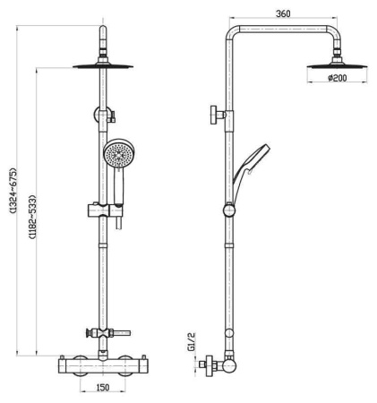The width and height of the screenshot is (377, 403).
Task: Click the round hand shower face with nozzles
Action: (x=116, y=154)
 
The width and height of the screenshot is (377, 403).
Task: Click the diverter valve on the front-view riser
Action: (x=105, y=114)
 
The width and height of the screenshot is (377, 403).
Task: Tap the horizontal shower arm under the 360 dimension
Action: (x=285, y=33)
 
